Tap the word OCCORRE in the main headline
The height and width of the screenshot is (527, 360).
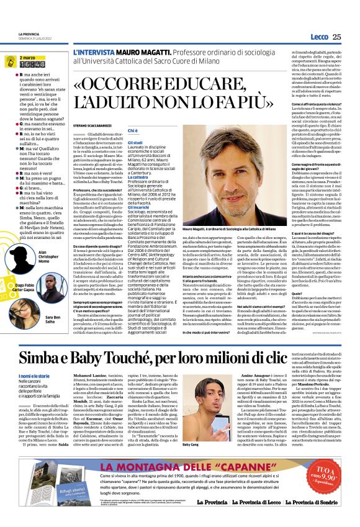pos(122,84)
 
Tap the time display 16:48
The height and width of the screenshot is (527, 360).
pos(32,64)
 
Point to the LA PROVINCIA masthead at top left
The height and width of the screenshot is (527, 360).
pos(27,35)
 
